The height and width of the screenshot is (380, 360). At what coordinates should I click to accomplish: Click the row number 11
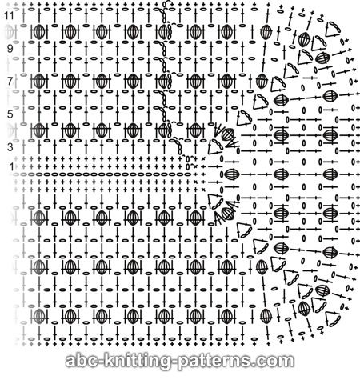[9, 16]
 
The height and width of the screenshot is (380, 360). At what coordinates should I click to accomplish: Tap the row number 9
[10, 49]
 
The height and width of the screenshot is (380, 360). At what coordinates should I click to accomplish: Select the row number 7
[10, 81]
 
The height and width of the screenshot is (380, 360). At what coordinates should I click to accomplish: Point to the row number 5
[10, 114]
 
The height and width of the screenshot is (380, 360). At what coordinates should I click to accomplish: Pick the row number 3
[10, 146]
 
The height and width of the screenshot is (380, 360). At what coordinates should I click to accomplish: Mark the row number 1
[11, 167]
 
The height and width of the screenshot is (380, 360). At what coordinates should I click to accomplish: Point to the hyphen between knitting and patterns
[175, 362]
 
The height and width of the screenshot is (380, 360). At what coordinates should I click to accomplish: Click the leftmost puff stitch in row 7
[39, 81]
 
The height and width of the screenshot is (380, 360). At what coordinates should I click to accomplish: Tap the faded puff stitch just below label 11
[10, 31]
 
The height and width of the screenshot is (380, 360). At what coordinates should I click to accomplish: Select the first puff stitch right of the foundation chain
[231, 174]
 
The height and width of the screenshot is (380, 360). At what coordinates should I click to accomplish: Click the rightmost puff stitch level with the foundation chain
[330, 174]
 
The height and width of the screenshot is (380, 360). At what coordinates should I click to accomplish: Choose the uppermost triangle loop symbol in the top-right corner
[333, 30]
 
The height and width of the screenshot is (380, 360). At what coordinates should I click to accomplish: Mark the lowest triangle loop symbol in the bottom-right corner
[333, 319]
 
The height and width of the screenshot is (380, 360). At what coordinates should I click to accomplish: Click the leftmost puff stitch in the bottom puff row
[39, 316]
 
